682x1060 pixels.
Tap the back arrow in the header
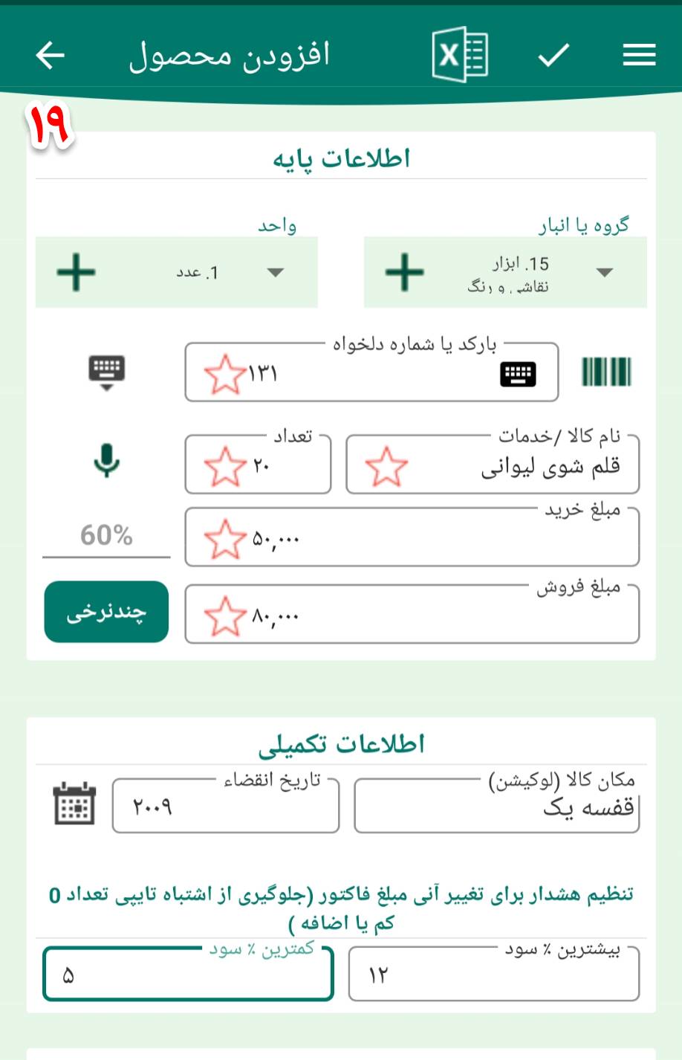pyautogui.click(x=50, y=55)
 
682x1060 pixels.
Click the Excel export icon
pyautogui.click(x=459, y=54)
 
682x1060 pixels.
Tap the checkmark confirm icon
pyautogui.click(x=553, y=54)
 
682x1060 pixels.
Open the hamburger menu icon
pyautogui.click(x=639, y=54)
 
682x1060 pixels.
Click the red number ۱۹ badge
pyautogui.click(x=50, y=124)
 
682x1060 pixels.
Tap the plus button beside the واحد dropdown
pyautogui.click(x=77, y=272)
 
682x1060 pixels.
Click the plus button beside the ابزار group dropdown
pyautogui.click(x=405, y=272)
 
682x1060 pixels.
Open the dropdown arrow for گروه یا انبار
pyautogui.click(x=605, y=272)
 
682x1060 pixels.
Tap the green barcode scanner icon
pyautogui.click(x=606, y=372)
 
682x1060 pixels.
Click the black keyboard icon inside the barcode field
pyautogui.click(x=518, y=374)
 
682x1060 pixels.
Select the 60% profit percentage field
pyautogui.click(x=106, y=536)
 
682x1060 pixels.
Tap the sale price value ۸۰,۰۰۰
pyautogui.click(x=276, y=616)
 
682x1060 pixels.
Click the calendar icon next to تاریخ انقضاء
pyautogui.click(x=75, y=804)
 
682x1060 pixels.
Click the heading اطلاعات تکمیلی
pyautogui.click(x=342, y=744)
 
